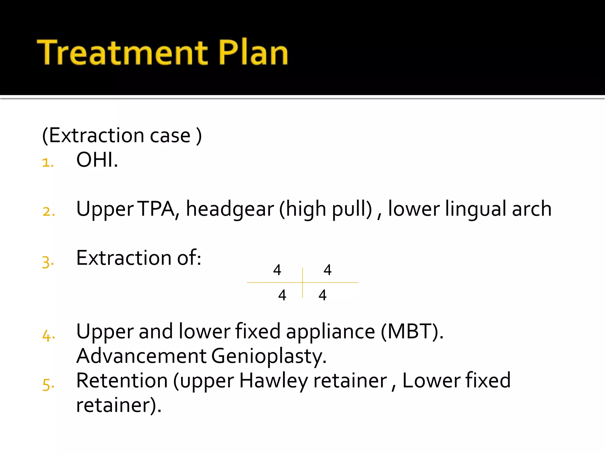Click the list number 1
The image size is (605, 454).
pos(48,163)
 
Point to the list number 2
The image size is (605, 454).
pos(48,212)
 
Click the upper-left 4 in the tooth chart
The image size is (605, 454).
pos(277,270)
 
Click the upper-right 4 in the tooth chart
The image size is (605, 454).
pos(328,270)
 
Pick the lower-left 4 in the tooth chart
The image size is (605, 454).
pos(282,295)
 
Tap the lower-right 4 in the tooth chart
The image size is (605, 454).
pos(323,295)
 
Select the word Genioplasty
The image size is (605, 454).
pos(269,356)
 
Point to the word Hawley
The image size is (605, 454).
pos(273,381)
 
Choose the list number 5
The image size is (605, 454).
pos(48,385)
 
